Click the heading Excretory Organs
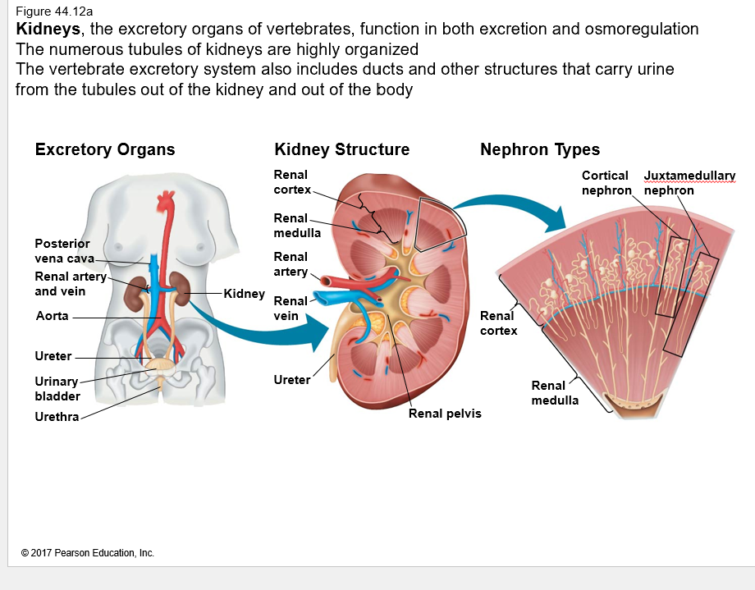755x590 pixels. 105,149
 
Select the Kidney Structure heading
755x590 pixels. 341,149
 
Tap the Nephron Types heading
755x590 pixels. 540,149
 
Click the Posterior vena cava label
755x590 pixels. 62,251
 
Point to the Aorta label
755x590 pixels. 53,316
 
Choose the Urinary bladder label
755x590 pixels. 57,389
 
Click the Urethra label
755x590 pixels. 57,417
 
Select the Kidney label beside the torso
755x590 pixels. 244,294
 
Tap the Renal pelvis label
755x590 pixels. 445,414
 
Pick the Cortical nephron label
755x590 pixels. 606,183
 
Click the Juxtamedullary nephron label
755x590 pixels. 689,183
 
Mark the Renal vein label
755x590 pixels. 291,309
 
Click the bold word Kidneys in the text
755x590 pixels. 48,30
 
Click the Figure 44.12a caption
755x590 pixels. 54,11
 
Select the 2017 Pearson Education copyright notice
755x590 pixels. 88,553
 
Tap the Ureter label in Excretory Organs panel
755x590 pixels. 53,357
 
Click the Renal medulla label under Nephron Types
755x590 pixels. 555,393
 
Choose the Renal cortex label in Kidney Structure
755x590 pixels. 292,182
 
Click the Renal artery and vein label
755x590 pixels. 71,284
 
